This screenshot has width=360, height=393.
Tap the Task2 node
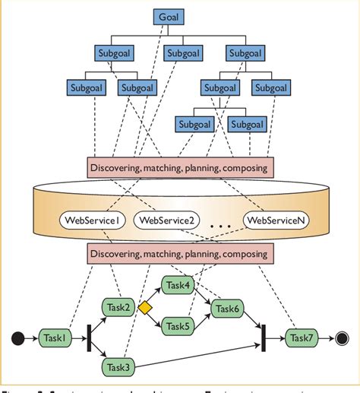point(119,307)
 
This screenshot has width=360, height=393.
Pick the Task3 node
point(119,367)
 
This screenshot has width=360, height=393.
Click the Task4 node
point(178,287)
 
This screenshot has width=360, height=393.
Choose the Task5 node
point(178,327)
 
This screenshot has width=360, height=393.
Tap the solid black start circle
point(17,337)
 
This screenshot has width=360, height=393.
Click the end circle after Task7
point(342,337)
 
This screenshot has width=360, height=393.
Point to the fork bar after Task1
point(89,337)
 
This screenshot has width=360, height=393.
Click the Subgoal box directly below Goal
point(183,53)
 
